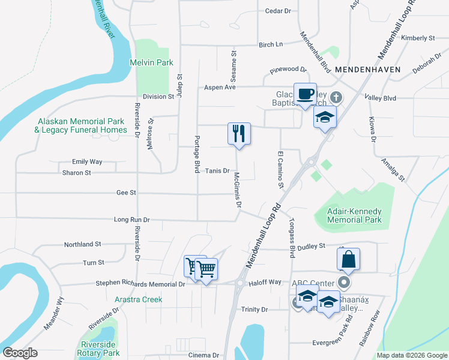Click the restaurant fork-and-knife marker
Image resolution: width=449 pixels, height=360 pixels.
click(x=239, y=134)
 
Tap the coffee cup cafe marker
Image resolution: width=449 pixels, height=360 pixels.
click(x=305, y=94)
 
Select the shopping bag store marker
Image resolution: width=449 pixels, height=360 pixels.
click(x=348, y=259)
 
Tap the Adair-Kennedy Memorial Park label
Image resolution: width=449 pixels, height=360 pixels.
click(x=354, y=215)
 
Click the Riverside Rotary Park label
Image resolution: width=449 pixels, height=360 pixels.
click(x=99, y=349)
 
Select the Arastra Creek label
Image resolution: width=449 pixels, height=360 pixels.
click(x=139, y=299)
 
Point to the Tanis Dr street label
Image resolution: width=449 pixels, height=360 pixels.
click(x=218, y=171)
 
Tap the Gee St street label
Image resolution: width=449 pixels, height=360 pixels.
click(x=127, y=193)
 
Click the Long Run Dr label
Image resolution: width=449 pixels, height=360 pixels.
click(x=131, y=220)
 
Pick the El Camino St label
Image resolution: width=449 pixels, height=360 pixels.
click(x=280, y=169)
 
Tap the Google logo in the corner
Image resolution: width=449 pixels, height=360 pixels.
click(x=20, y=353)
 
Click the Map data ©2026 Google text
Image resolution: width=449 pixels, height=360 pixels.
click(x=411, y=355)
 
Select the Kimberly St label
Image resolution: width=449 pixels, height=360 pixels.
click(x=418, y=38)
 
